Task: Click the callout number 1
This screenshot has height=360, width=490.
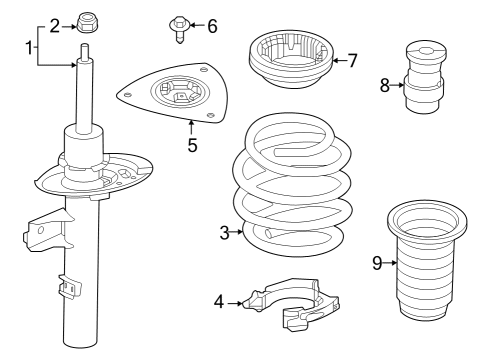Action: click(x=28, y=47)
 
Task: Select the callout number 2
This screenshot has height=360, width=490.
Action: click(x=54, y=25)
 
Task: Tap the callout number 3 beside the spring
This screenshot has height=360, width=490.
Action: click(x=224, y=233)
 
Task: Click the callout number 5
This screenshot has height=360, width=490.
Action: click(x=191, y=145)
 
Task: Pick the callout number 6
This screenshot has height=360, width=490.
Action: click(x=211, y=25)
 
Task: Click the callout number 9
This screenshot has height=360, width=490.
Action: click(x=377, y=263)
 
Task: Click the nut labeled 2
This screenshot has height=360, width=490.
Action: click(x=86, y=20)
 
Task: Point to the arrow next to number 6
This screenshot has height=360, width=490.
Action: click(x=197, y=25)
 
